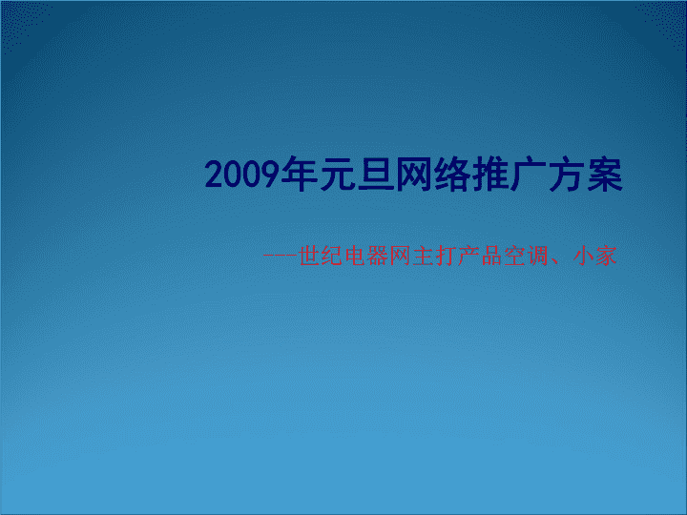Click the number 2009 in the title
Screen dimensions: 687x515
[x=242, y=175]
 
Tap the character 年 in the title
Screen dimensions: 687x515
[x=300, y=175]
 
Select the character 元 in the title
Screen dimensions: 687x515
[x=338, y=175]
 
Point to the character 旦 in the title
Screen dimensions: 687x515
[x=376, y=175]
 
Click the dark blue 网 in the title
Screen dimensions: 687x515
[x=414, y=175]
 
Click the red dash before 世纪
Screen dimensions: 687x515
[x=281, y=256]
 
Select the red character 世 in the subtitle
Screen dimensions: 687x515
[x=309, y=257]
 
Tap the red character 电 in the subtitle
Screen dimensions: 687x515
[x=355, y=257]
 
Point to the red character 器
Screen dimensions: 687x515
[x=378, y=257]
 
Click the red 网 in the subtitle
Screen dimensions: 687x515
[x=401, y=257]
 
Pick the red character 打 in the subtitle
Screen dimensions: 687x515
[x=447, y=257]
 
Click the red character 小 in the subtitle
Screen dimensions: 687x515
[x=583, y=257]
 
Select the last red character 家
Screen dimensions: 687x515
[x=606, y=257]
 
